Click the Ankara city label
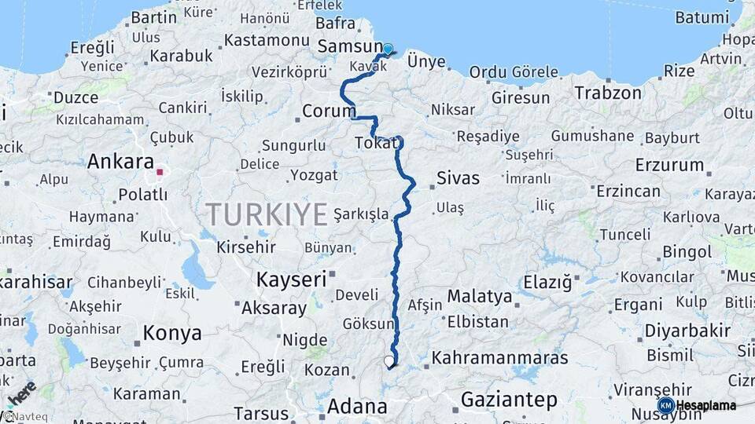click(x=120, y=162)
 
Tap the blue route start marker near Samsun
click(x=387, y=49)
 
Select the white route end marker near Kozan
click(x=389, y=361)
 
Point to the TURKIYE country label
click(x=266, y=214)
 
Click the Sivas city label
click(x=457, y=178)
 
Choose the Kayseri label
click(x=292, y=280)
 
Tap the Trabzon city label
click(x=608, y=93)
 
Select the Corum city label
click(x=329, y=112)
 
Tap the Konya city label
click(x=172, y=334)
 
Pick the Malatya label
click(x=480, y=297)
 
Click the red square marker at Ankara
click(x=160, y=171)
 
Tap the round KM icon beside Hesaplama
click(x=665, y=405)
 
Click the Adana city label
click(x=357, y=407)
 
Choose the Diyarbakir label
click(x=687, y=331)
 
